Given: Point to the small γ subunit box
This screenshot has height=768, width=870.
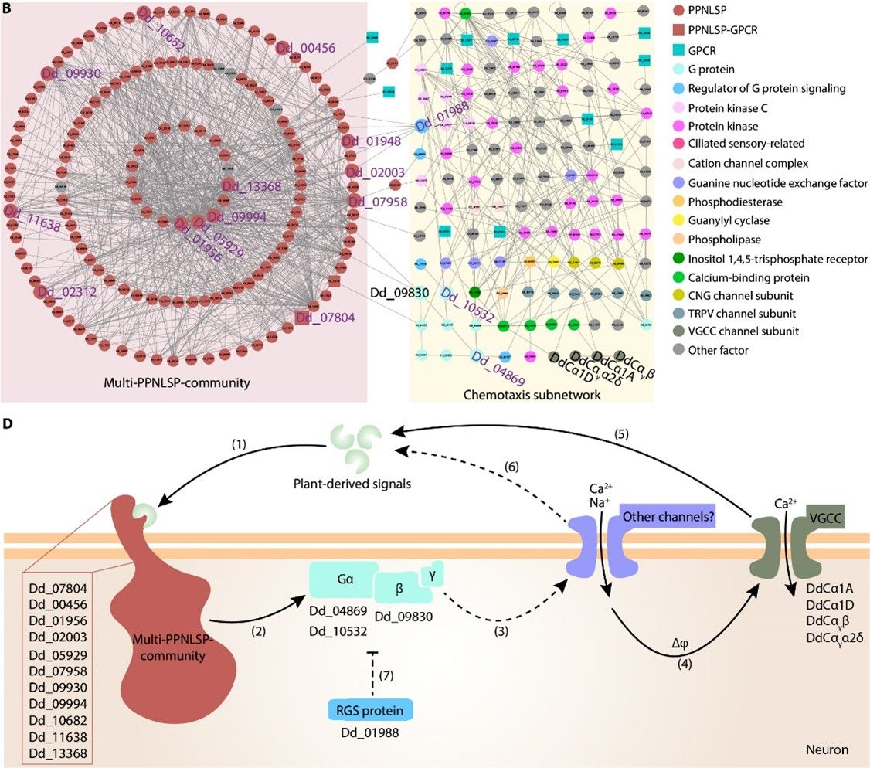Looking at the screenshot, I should pyautogui.click(x=430, y=573).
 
